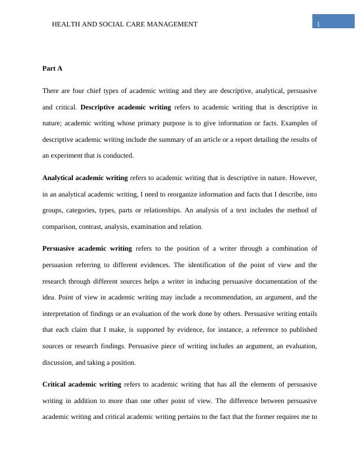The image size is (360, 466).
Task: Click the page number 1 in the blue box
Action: pos(318,24)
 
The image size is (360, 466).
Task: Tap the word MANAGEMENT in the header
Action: pos(174,24)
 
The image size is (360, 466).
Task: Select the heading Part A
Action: pos(52,68)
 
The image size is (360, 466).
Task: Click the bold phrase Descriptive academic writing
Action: pos(125,107)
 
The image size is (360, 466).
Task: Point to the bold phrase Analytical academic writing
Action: pos(85,177)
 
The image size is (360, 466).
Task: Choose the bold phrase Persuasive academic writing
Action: pos(87,248)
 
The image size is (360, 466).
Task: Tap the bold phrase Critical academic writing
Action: pos(82,384)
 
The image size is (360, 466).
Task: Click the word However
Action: pos(303,177)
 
